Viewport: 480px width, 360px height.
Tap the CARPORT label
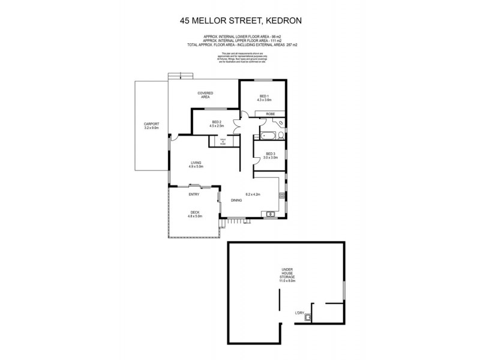pos(151,125)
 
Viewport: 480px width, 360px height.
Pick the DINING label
pos(236,200)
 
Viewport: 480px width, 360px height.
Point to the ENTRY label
pos(194,194)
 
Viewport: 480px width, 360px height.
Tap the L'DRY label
pos(299,313)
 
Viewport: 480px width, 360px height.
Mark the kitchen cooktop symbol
pos(280,194)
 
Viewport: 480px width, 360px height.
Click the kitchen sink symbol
pos(271,213)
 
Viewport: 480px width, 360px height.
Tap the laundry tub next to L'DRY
pos(310,318)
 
